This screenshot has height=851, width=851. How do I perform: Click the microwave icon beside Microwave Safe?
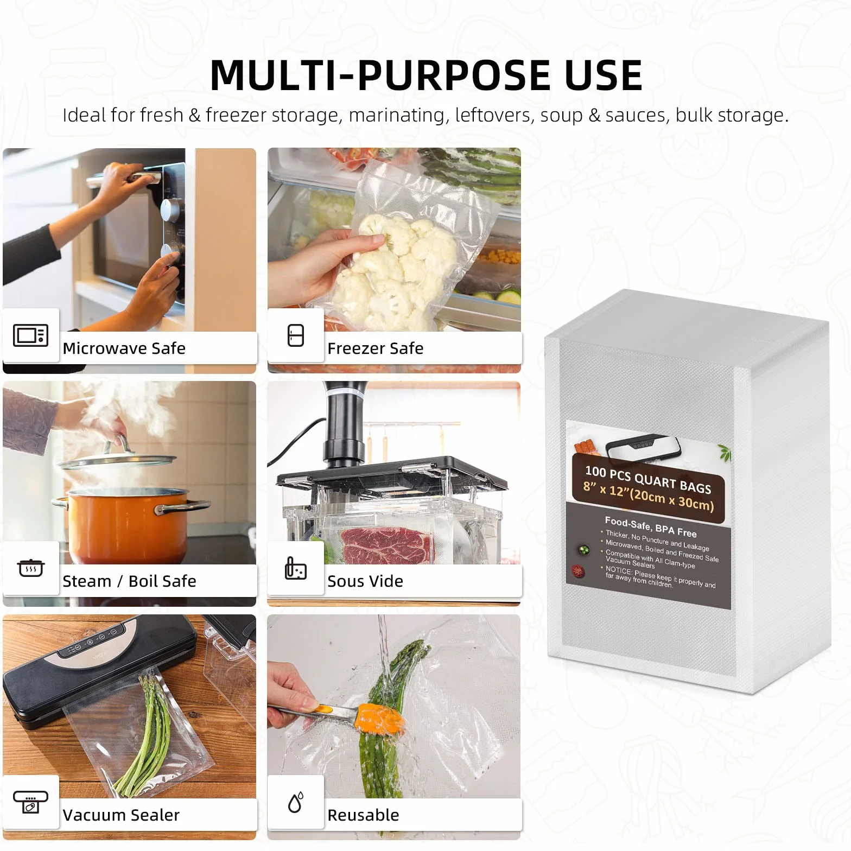(30, 335)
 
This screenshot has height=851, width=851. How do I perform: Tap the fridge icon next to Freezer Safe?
(296, 335)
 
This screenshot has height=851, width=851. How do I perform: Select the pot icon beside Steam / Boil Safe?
(30, 568)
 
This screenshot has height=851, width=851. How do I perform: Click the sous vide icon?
(295, 568)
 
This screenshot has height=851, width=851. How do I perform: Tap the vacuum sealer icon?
(30, 802)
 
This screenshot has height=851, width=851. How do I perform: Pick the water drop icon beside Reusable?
(296, 802)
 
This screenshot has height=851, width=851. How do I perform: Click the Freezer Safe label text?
(376, 348)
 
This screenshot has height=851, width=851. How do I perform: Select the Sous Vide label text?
(365, 581)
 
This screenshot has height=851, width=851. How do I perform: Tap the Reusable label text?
(363, 815)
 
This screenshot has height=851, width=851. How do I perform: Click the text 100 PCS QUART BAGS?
(648, 480)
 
